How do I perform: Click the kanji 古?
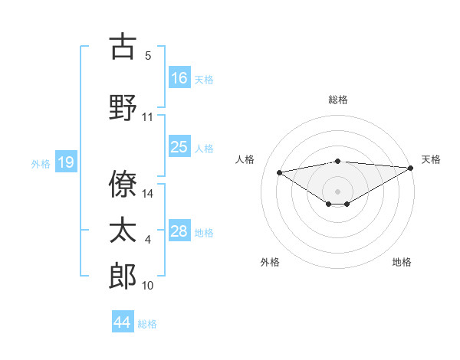pyautogui.click(x=123, y=47)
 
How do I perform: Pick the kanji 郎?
pyautogui.click(x=123, y=277)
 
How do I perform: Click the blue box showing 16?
pyautogui.click(x=179, y=78)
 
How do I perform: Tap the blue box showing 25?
pyautogui.click(x=179, y=147)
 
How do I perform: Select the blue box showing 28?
pyautogui.click(x=179, y=231)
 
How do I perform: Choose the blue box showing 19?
pyautogui.click(x=65, y=162)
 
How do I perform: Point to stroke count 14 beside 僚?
pyautogui.click(x=149, y=194)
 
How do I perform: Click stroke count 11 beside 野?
pyautogui.click(x=148, y=117)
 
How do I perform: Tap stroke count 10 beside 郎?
pyautogui.click(x=148, y=286)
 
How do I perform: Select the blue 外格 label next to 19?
pyautogui.click(x=40, y=163)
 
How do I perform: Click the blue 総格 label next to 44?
pyautogui.click(x=147, y=323)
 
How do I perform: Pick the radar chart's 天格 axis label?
pyautogui.click(x=431, y=159)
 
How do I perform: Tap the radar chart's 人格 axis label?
pyautogui.click(x=245, y=159)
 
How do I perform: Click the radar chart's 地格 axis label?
pyautogui.click(x=402, y=262)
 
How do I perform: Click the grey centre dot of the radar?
pyautogui.click(x=337, y=191)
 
